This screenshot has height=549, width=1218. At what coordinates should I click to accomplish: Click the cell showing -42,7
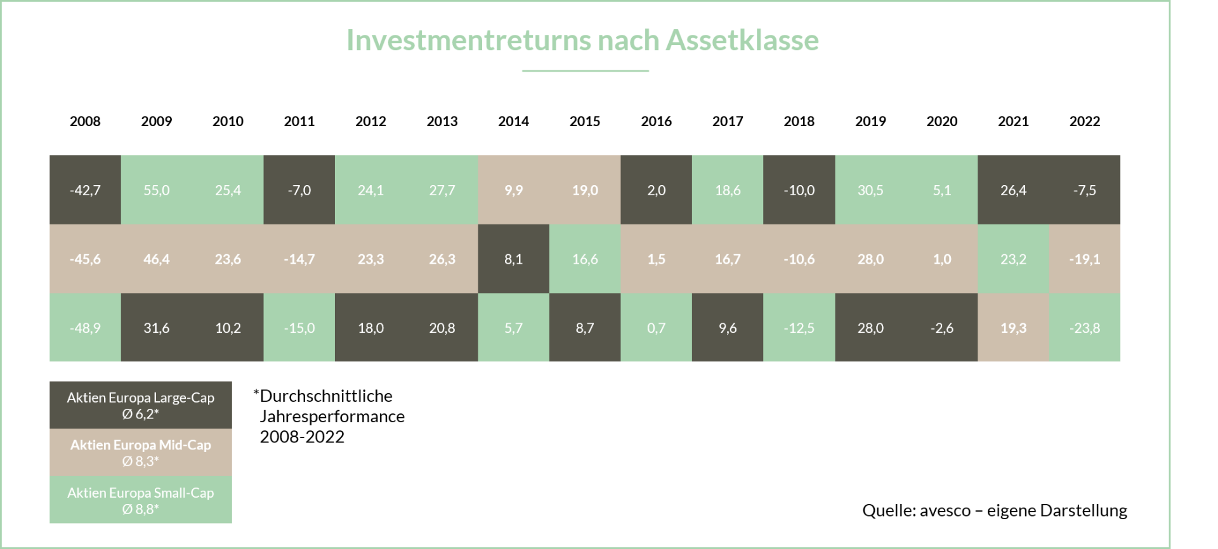[85, 190]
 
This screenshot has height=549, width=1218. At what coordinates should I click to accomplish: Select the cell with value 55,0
[156, 190]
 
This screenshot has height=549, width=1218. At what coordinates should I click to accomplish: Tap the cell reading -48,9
[85, 328]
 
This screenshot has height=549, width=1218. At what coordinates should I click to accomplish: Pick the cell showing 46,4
[156, 259]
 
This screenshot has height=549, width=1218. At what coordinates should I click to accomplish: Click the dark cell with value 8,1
[513, 259]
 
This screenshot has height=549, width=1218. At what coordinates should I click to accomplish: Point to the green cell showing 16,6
[585, 259]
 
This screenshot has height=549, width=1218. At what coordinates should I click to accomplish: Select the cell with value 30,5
[870, 190]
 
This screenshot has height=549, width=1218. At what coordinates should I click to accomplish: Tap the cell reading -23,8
[1085, 328]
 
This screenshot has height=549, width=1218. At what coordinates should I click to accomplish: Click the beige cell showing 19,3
[1013, 328]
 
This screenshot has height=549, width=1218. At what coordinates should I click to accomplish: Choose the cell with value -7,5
[1085, 190]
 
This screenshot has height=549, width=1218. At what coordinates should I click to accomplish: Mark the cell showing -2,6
[942, 328]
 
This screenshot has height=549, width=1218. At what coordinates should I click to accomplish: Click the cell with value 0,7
[656, 328]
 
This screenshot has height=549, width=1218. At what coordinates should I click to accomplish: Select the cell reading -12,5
[799, 328]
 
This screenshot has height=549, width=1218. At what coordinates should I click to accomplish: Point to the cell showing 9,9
[513, 190]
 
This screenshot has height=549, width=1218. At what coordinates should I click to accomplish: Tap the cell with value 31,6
[156, 328]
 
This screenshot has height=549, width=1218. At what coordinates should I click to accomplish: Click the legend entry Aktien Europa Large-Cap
[140, 405]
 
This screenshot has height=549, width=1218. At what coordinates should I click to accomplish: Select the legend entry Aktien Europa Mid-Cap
[140, 453]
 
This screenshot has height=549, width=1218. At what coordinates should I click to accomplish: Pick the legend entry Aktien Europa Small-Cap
[140, 500]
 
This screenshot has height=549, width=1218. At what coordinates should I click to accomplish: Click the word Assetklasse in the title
[742, 41]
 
